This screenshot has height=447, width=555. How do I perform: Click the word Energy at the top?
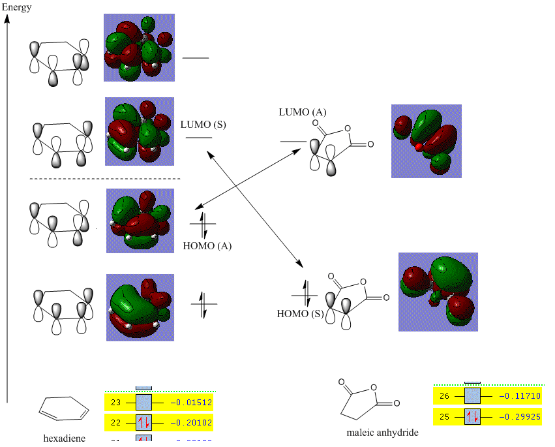pos(16,7)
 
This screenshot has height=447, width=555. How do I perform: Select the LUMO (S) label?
pos(203,124)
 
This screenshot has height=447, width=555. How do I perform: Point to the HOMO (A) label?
pos(207,246)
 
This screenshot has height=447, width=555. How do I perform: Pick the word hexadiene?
pos(65,438)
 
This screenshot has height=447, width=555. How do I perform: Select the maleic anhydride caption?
pos(382,432)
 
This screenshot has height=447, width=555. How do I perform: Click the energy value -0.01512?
pos(192,403)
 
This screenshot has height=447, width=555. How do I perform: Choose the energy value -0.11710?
pos(520,396)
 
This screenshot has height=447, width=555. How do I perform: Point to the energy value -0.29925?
pos(520,416)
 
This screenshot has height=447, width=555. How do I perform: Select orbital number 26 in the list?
pos(445,396)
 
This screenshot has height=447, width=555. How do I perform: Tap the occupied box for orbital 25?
pos(472,416)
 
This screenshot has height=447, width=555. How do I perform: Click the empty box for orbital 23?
pos(143,403)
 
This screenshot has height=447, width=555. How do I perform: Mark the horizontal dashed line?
pos(104,178)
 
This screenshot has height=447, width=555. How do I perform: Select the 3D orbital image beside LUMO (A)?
pos(426,141)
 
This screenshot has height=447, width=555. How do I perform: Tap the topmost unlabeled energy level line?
pos(196,58)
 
